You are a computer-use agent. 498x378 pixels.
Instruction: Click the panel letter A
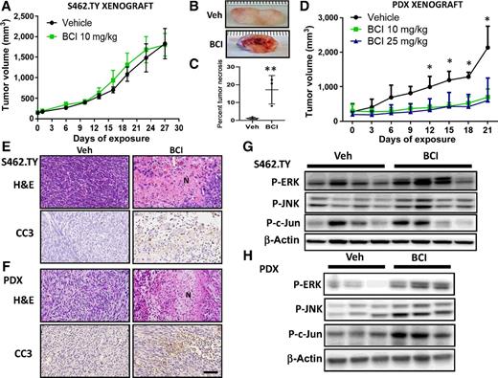pyautogui.click(x=6, y=8)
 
